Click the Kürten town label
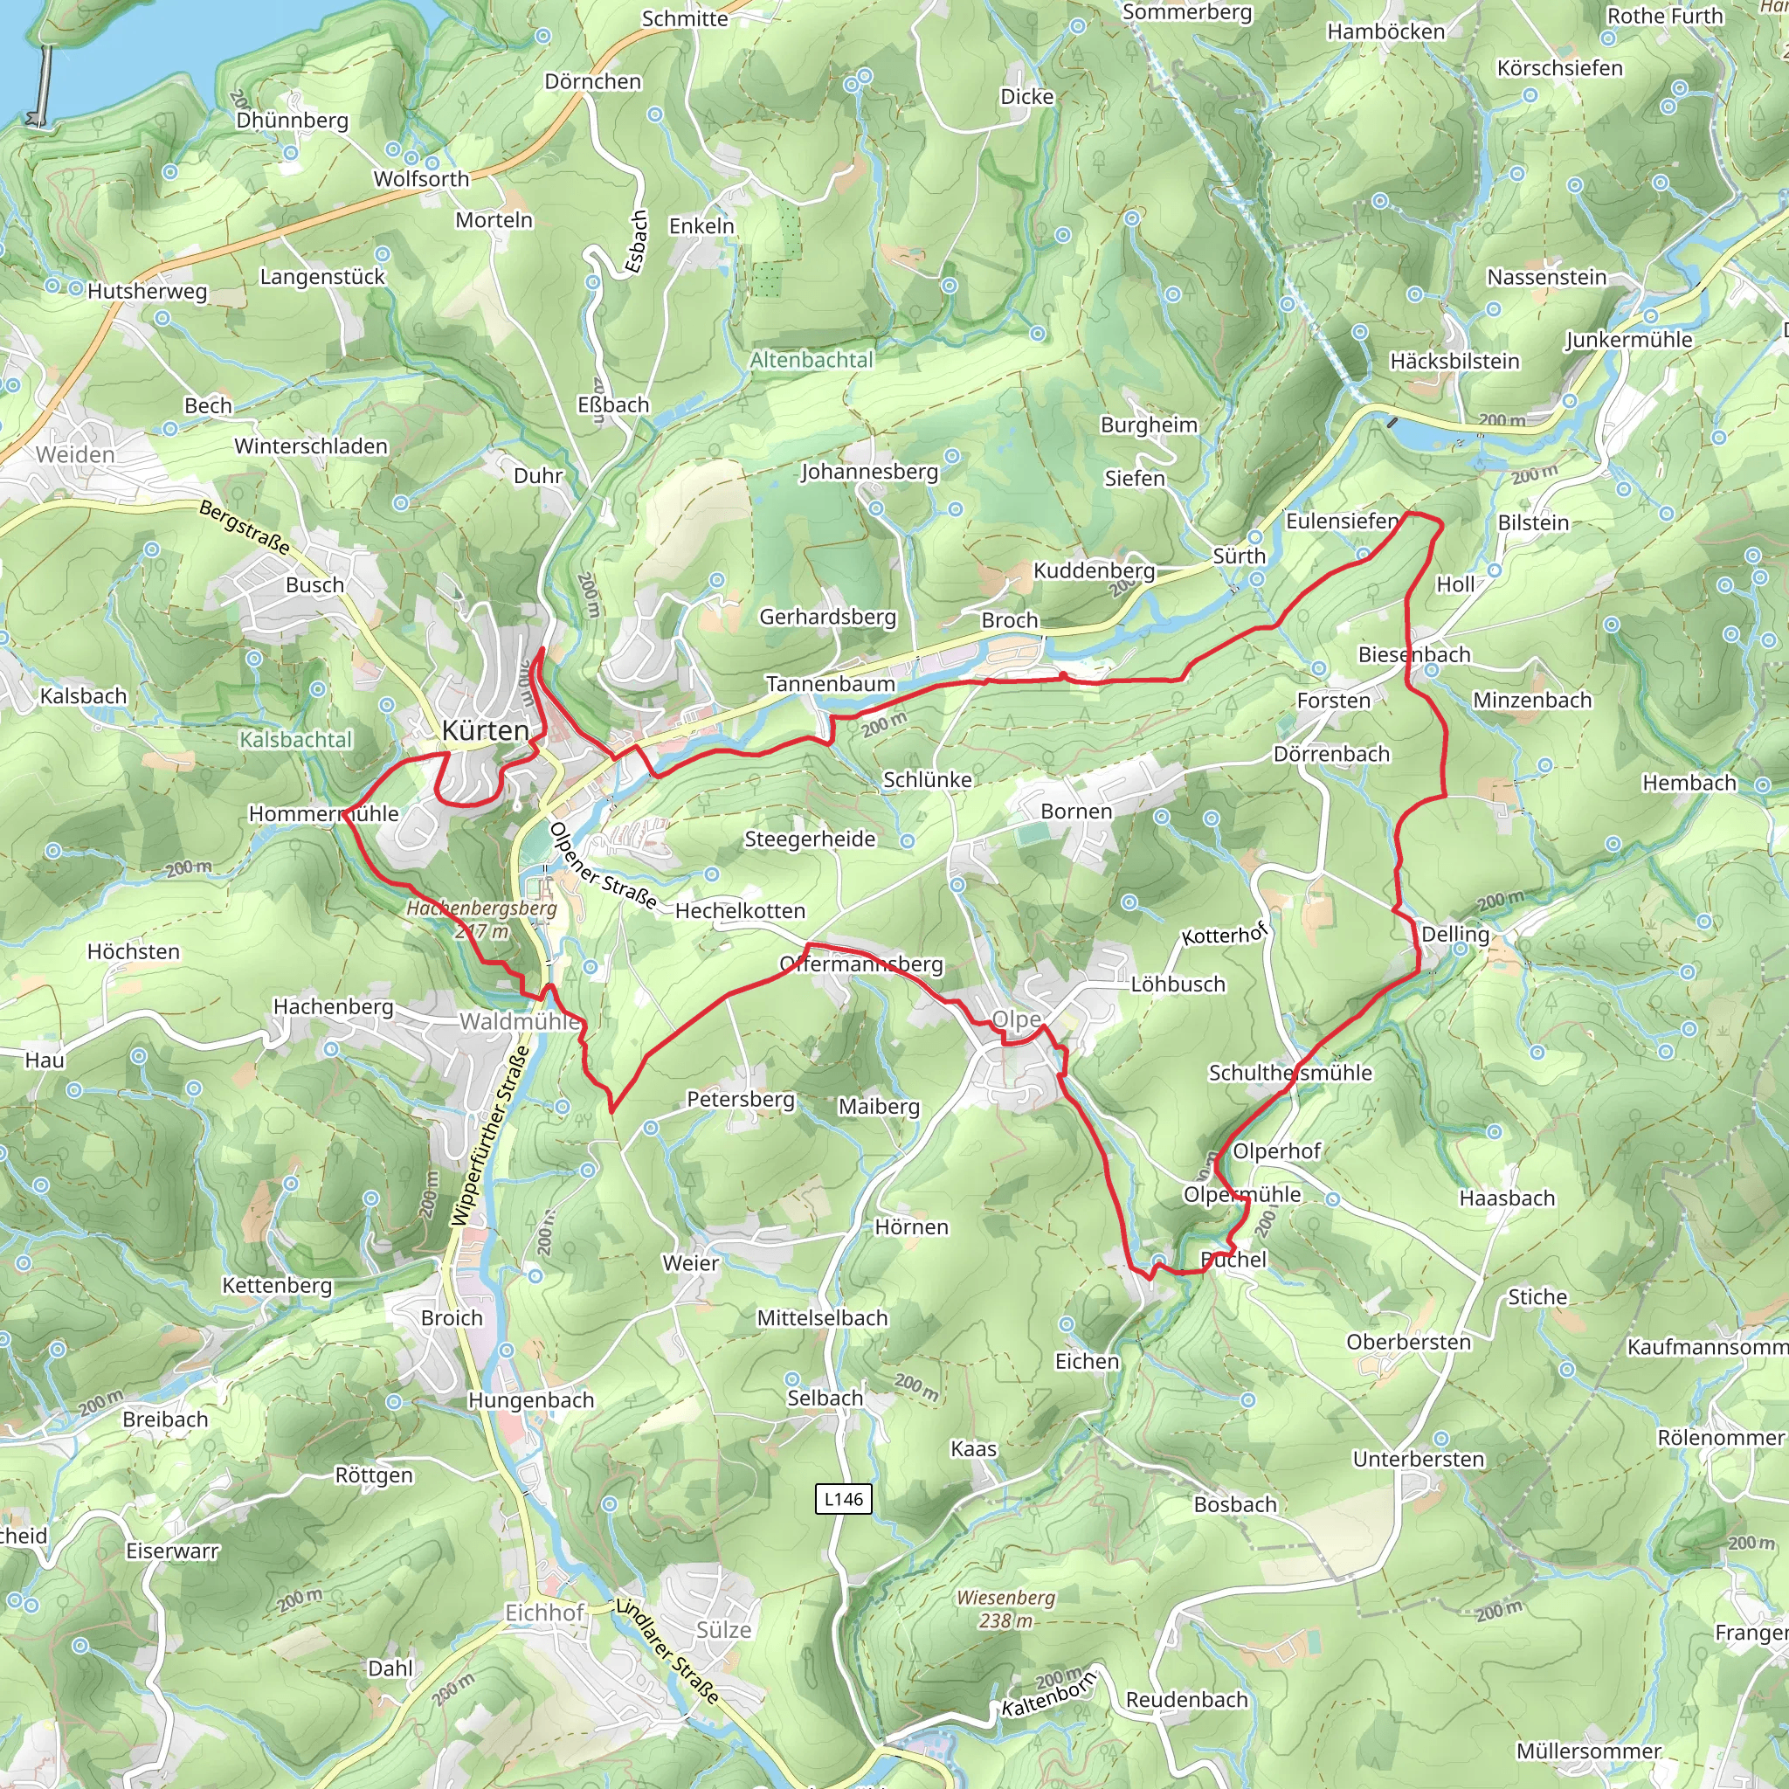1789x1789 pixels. click(485, 730)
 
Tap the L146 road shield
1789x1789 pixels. click(843, 1499)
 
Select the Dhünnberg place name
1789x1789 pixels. click(292, 121)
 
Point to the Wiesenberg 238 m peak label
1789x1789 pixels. click(1005, 1609)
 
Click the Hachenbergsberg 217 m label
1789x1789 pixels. click(481, 920)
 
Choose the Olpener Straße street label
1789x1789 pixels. click(603, 867)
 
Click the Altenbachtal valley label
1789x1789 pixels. click(812, 359)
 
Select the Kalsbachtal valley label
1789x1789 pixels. click(295, 740)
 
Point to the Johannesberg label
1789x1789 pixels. click(868, 472)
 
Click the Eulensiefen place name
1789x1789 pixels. click(1342, 522)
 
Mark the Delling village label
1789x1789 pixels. click(1454, 935)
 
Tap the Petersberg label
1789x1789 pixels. click(740, 1099)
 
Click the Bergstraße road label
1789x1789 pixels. click(245, 528)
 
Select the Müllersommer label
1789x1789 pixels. click(1588, 1751)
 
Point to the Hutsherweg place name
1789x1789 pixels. click(148, 292)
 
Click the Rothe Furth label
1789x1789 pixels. click(1664, 16)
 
